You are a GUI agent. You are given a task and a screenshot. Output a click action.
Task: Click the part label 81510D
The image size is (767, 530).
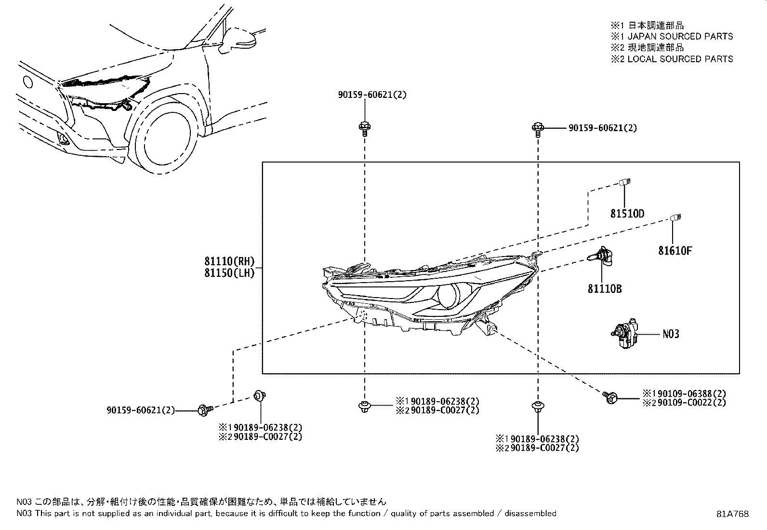pyautogui.click(x=627, y=214)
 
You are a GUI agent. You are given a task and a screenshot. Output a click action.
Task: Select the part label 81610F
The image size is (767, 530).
pyautogui.click(x=675, y=251)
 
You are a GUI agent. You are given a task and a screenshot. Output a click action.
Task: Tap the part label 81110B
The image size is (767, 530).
pyautogui.click(x=605, y=289)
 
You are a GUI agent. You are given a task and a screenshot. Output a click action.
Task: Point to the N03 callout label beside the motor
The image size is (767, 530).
pyautogui.click(x=671, y=334)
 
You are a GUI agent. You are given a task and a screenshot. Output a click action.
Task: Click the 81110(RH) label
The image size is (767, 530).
pyautogui.click(x=230, y=261)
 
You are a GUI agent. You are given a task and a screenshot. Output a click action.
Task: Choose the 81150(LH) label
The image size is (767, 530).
pyautogui.click(x=230, y=273)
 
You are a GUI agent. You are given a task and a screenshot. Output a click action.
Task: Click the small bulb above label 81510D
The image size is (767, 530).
pyautogui.click(x=625, y=182)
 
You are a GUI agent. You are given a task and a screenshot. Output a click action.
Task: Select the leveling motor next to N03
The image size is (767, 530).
pyautogui.click(x=625, y=334)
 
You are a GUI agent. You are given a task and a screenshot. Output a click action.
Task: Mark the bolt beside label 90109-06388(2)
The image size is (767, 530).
pyautogui.click(x=610, y=398)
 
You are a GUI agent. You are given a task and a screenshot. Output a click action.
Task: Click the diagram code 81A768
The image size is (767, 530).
pyautogui.click(x=732, y=514)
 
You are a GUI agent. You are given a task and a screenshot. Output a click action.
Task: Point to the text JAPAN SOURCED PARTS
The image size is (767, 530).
pyautogui.click(x=680, y=36)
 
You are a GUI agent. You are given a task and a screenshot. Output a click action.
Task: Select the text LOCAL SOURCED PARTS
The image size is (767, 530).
pyautogui.click(x=680, y=59)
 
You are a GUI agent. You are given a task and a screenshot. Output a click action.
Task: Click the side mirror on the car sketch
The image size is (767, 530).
pyautogui.click(x=238, y=40)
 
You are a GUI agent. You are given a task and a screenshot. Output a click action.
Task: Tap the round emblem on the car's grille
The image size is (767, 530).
pyautogui.click(x=27, y=82)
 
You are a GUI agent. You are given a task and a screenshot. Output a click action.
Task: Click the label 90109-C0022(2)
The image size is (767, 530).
pyautogui.click(x=692, y=403)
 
